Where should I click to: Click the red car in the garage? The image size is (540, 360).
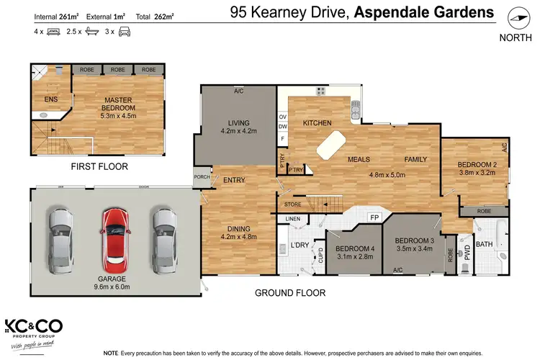point(114,237)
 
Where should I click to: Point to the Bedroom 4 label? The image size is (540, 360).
point(355,249)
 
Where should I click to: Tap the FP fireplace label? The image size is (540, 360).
point(374,217)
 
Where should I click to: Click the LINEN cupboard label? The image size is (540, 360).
point(292,218)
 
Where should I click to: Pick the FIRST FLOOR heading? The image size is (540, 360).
point(99,166)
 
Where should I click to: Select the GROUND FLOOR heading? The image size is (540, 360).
point(290,293)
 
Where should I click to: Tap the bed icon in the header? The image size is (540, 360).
point(54,32)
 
